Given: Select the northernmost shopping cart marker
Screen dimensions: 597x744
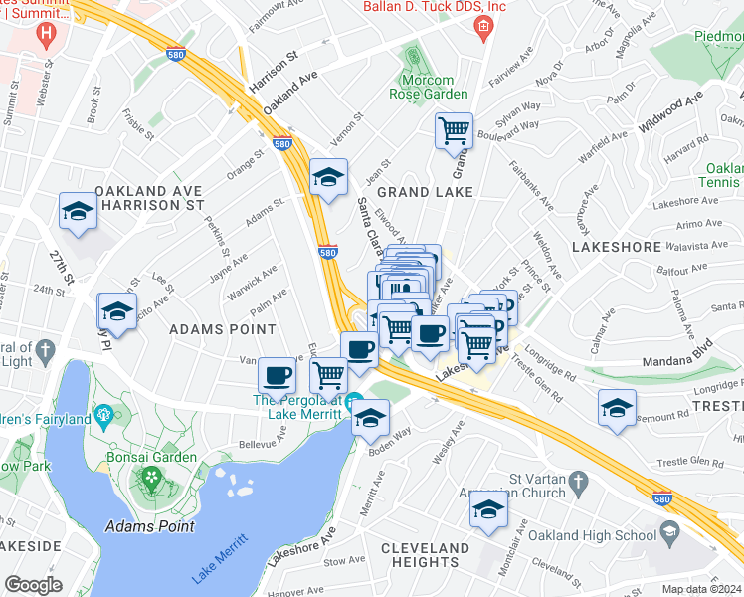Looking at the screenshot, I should [x=454, y=129].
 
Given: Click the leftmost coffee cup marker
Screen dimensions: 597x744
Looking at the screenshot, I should [x=277, y=376].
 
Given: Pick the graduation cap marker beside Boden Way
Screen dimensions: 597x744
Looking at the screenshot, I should [x=371, y=418].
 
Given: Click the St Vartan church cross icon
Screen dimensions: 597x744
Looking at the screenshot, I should [x=575, y=484].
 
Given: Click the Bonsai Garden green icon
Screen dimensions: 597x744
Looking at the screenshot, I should [x=151, y=478].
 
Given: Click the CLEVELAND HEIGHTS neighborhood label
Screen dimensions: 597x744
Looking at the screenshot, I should [x=425, y=555].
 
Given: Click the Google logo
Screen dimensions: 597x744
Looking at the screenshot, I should [x=33, y=585].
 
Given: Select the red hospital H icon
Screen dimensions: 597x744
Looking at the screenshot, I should [x=44, y=33].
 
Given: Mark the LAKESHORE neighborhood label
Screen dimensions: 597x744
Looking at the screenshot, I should [x=617, y=246].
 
